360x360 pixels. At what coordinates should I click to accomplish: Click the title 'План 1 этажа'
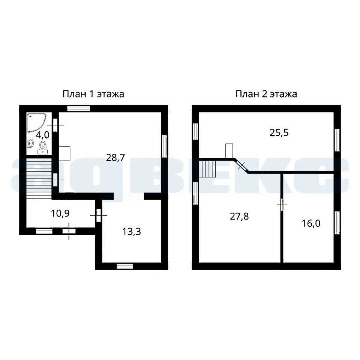coord(93,94)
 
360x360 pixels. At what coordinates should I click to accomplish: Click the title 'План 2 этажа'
coord(266,94)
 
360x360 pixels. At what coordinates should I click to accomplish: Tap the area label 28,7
coord(115,158)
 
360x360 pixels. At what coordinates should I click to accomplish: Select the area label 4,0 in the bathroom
coord(43,135)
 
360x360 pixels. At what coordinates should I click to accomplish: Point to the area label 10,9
coord(60,213)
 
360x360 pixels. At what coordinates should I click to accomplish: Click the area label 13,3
coord(132,232)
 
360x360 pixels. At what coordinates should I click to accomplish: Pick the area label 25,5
coord(279,133)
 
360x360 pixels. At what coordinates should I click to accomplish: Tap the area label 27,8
coord(239,216)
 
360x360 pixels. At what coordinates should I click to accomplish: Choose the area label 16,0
coord(311,223)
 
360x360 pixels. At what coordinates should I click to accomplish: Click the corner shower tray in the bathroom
coord(36,123)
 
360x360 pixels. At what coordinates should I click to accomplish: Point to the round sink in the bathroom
coord(30,143)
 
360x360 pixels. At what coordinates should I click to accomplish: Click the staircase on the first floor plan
coord(39,178)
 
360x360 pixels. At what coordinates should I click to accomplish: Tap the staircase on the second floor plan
coord(207,169)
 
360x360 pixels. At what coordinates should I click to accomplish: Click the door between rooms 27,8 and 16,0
coord(282,204)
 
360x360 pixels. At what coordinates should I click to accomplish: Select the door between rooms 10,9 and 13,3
coord(99,215)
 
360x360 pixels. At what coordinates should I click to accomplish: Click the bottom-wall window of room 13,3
coord(124,266)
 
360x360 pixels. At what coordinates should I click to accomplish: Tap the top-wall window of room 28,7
coord(78,108)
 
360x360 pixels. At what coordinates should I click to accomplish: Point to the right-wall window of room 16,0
coord(337,223)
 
